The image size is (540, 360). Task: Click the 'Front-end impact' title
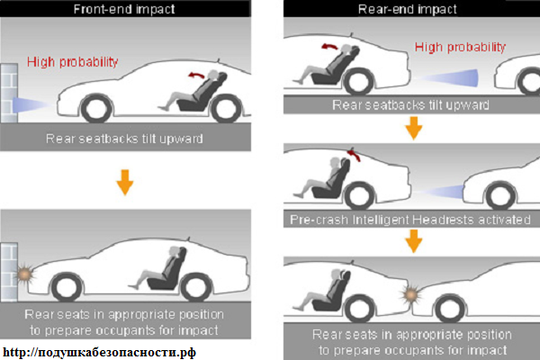pyautogui.click(x=124, y=9)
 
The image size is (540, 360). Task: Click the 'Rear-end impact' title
pyautogui.click(x=408, y=9)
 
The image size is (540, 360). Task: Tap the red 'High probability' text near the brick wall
pyautogui.click(x=73, y=62)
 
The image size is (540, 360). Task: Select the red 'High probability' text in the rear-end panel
pyautogui.click(x=460, y=47)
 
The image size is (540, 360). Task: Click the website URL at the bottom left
pyautogui.click(x=100, y=352)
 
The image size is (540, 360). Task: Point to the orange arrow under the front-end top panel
pyautogui.click(x=125, y=182)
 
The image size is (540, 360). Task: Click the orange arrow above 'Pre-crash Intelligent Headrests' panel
pyautogui.click(x=414, y=128)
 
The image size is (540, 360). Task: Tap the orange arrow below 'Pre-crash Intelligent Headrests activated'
pyautogui.click(x=414, y=241)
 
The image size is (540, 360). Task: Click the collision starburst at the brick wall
pyautogui.click(x=25, y=274)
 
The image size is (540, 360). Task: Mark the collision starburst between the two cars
pyautogui.click(x=410, y=295)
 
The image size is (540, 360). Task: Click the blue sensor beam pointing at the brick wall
pyautogui.click(x=31, y=104)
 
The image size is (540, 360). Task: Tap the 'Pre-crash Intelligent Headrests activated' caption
pyautogui.click(x=410, y=220)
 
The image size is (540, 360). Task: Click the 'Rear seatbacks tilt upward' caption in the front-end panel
pyautogui.click(x=124, y=139)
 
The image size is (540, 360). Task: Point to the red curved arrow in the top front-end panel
pyautogui.click(x=196, y=75)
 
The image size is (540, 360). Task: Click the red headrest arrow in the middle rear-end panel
pyautogui.click(x=354, y=154)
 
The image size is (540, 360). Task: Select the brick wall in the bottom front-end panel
pyautogui.click(x=9, y=272)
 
